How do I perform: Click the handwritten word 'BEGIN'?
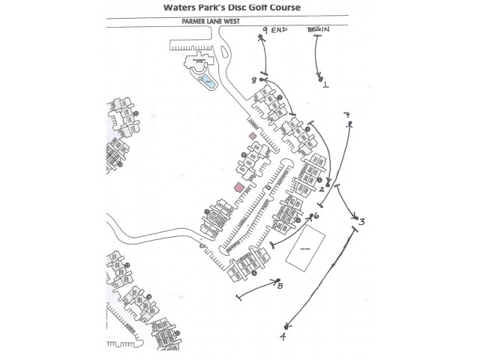(x=319, y=29)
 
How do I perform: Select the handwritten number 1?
(x=325, y=85)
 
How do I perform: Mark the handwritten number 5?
(x=280, y=286)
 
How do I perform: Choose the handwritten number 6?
(x=316, y=216)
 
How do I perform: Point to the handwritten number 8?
(x=254, y=79)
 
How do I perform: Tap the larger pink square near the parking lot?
(x=238, y=187)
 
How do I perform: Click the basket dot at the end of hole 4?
(x=287, y=327)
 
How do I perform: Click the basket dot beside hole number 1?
(x=320, y=78)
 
